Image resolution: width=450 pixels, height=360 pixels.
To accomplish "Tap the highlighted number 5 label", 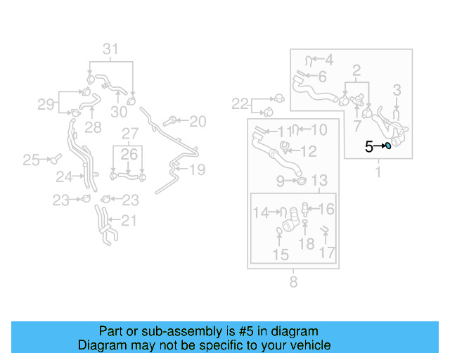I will pos(368,147).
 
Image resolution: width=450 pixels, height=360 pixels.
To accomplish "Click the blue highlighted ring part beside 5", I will pos(388,146).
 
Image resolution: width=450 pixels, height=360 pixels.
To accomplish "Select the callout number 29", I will pos(46,105).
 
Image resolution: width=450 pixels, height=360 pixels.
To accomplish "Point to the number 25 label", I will pos(31,160).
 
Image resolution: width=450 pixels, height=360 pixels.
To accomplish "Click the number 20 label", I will pos(198,122).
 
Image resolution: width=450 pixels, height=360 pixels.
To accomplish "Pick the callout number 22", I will pos(240,104).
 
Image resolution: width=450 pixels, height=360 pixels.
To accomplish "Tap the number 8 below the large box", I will pos(293,282).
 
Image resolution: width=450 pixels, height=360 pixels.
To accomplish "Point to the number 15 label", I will pos(281,254).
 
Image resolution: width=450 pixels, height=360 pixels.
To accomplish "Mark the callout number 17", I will pos(327,252).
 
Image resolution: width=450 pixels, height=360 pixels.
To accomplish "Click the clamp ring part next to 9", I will pos(300,181).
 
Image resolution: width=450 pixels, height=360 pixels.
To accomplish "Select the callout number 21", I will pos(127,221).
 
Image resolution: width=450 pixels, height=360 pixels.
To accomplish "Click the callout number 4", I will pos(328,60).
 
